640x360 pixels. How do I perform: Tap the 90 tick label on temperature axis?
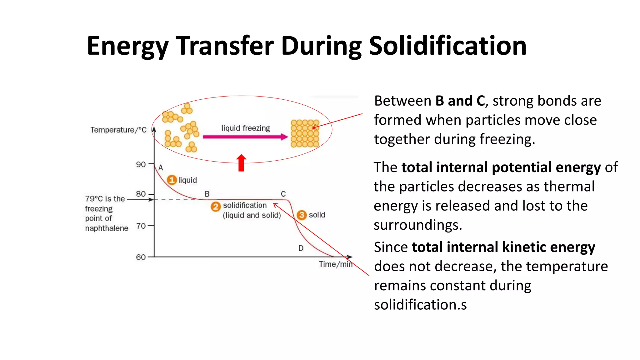click(x=141, y=164)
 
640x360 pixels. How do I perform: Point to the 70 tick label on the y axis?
click(x=141, y=226)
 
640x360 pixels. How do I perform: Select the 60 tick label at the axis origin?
click(x=141, y=257)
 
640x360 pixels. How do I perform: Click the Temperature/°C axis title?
click(x=118, y=130)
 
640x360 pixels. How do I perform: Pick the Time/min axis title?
click(x=335, y=264)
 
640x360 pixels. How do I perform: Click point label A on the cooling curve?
click(x=161, y=168)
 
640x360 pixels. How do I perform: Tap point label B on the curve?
click(x=207, y=194)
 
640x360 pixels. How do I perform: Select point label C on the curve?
click(x=283, y=194)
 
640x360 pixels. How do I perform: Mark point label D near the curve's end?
click(x=301, y=248)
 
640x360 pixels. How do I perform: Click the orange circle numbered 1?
click(x=172, y=180)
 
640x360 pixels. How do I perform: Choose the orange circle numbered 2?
click(x=216, y=207)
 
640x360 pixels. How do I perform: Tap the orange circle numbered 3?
click(x=302, y=215)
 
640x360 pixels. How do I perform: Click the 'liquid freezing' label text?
click(x=245, y=128)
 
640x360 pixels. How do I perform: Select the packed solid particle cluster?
click(x=305, y=133)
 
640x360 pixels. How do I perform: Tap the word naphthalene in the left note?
click(x=107, y=228)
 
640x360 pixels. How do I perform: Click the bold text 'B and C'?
click(x=460, y=101)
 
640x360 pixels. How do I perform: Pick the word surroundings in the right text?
click(x=417, y=225)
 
